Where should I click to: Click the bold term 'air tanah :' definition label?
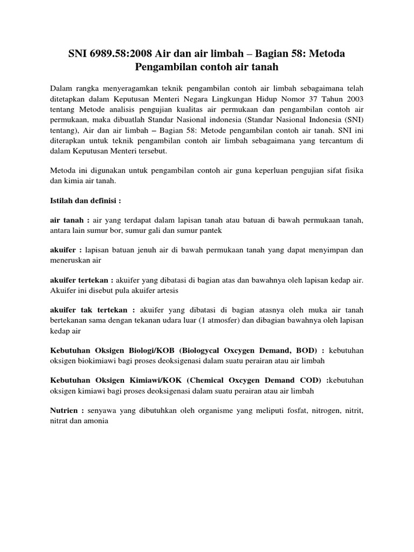click(70, 220)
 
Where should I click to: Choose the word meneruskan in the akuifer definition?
click(71, 259)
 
